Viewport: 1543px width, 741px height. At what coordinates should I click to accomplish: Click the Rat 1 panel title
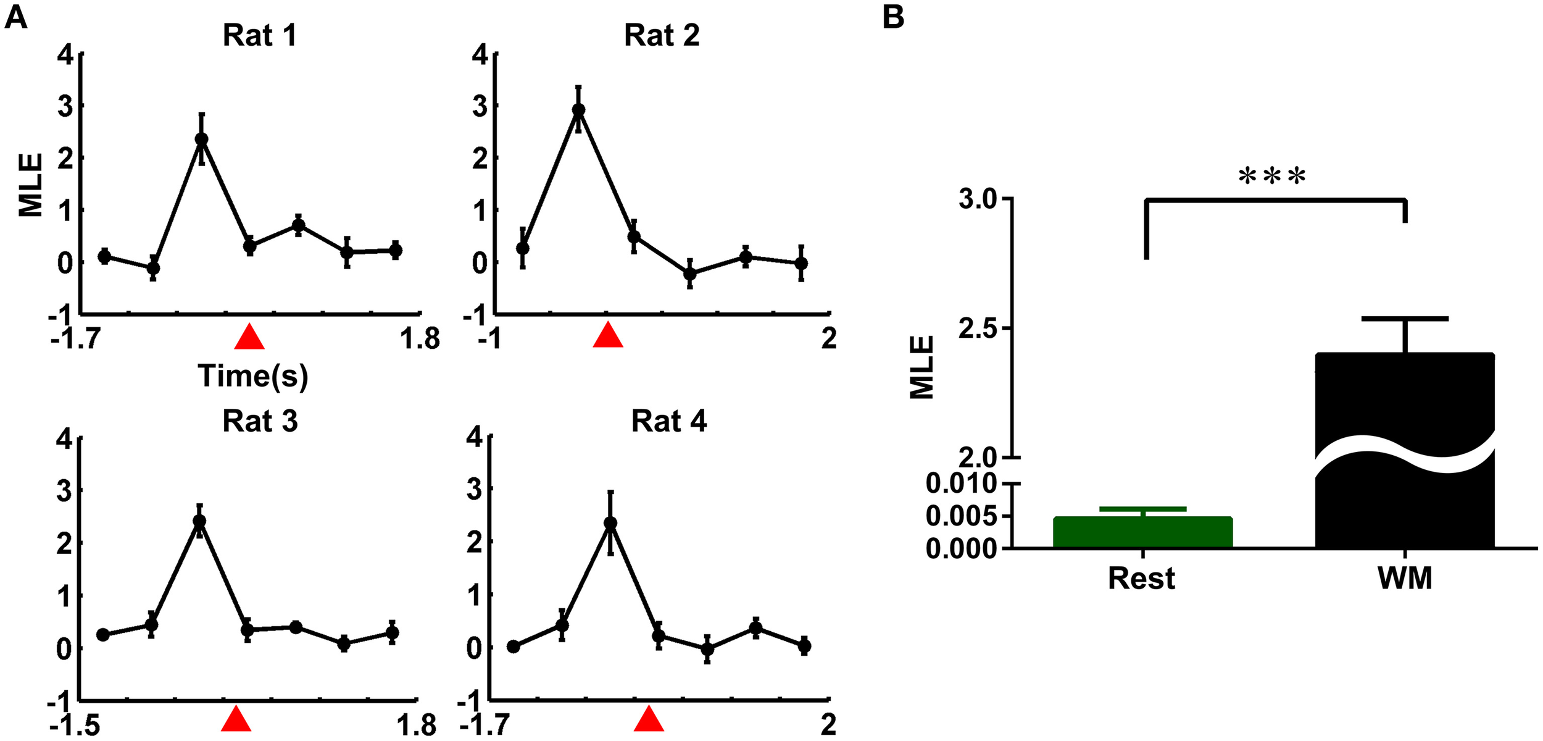[x=260, y=36]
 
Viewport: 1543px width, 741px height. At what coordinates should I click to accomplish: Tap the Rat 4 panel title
[x=668, y=422]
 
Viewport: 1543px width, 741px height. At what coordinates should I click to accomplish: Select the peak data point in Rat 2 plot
[x=578, y=111]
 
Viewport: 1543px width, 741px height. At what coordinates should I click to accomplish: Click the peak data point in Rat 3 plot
[x=199, y=521]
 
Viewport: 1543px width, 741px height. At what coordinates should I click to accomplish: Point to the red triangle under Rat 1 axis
[x=250, y=338]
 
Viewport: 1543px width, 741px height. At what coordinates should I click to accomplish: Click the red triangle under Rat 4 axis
[x=649, y=719]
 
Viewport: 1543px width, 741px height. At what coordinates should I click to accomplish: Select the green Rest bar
[x=1142, y=532]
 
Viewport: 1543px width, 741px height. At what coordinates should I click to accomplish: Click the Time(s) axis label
[x=253, y=376]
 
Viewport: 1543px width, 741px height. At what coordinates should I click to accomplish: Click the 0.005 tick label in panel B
[x=961, y=516]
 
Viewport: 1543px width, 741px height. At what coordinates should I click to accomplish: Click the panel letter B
[x=893, y=17]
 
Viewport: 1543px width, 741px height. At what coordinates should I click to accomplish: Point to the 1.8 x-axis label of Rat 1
[x=420, y=339]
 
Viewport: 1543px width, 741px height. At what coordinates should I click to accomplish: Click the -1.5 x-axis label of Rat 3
[x=75, y=725]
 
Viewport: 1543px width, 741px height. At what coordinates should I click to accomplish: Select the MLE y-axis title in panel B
[x=922, y=367]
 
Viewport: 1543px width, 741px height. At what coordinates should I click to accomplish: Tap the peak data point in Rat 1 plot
[x=201, y=139]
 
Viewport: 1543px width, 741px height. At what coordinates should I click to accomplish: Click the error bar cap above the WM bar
[x=1405, y=319]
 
